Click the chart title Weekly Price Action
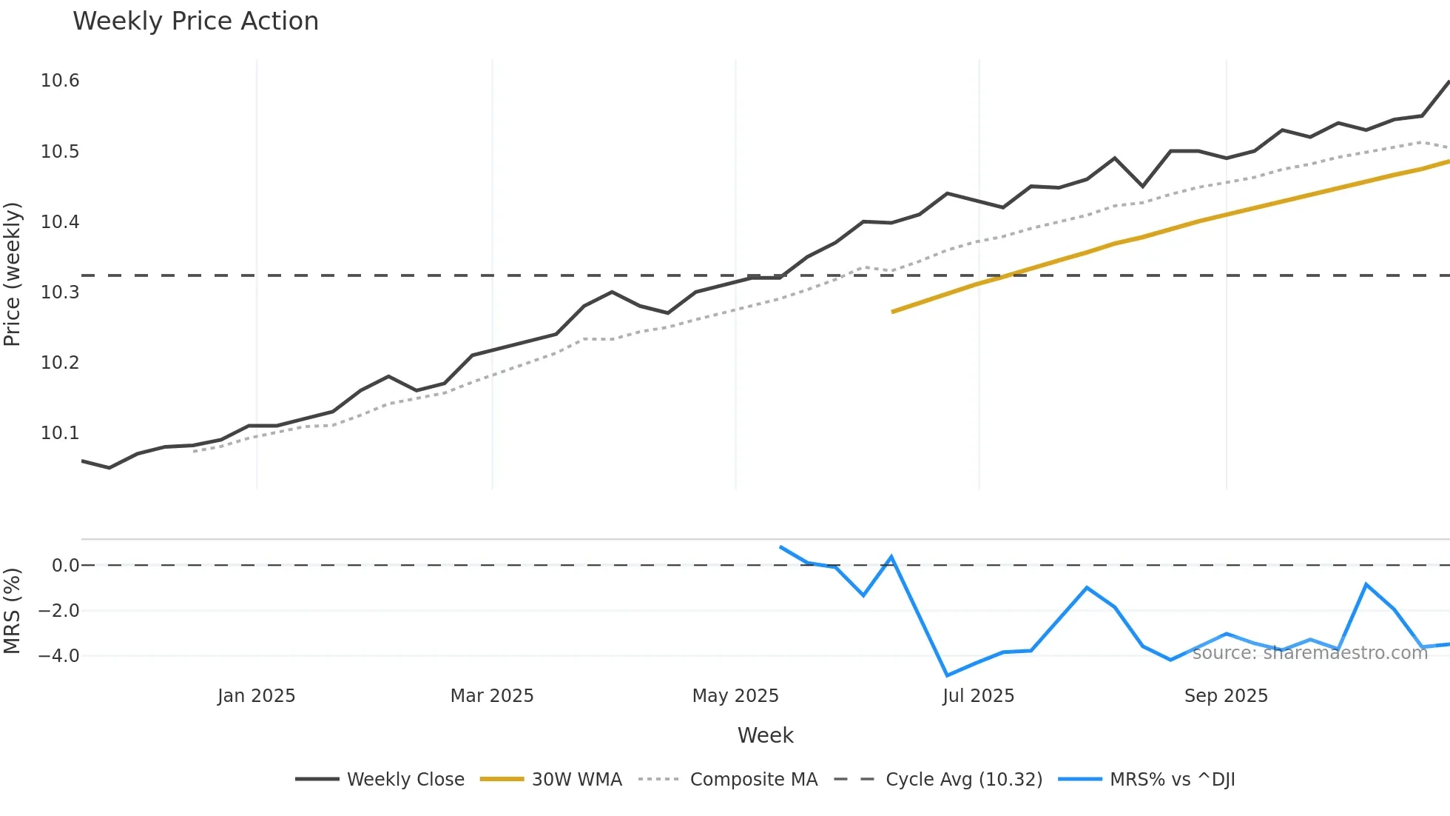[195, 21]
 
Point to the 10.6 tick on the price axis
[60, 81]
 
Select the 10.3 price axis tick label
[60, 292]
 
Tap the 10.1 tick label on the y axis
[60, 433]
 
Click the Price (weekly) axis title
[12, 274]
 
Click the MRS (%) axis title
[12, 611]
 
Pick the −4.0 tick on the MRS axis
[58, 656]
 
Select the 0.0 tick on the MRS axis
[65, 566]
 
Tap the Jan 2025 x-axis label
[256, 696]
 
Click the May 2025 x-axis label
[735, 696]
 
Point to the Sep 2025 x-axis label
[1226, 696]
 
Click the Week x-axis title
[765, 735]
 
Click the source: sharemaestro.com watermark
[1309, 653]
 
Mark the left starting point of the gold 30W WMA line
[893, 312]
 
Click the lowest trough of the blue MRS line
[947, 675]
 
